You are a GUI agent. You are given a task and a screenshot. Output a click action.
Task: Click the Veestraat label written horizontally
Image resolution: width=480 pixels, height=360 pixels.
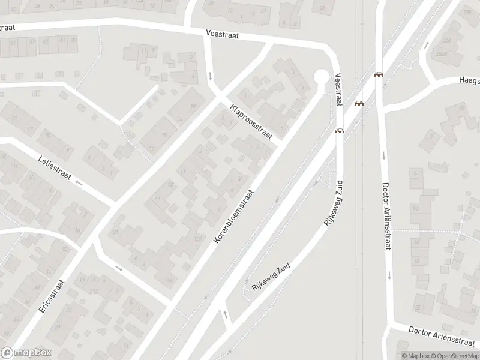point(222,35)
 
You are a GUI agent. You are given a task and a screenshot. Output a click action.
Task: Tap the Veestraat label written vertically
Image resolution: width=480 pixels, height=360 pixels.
point(338,90)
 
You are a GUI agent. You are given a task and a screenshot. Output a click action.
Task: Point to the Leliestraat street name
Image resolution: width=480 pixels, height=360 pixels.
point(55,169)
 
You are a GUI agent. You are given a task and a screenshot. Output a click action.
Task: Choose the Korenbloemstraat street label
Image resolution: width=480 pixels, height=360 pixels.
point(235,217)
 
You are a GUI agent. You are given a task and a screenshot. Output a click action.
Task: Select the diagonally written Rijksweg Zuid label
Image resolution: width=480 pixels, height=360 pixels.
point(271,277)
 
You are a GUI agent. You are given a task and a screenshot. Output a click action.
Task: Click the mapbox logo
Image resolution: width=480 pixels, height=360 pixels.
point(26,352)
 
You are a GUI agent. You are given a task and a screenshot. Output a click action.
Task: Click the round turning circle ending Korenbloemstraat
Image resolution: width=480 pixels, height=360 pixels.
point(322,76)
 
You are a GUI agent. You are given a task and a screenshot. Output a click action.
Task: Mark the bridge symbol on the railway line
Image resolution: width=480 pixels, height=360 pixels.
point(359,103)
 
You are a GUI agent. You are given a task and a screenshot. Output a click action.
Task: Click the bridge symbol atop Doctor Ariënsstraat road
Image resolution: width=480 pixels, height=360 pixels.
point(379,75)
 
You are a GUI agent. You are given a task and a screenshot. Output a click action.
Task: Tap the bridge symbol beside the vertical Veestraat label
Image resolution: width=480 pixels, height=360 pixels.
point(340,131)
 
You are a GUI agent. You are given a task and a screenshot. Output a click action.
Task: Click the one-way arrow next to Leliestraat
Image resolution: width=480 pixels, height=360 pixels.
point(79,180)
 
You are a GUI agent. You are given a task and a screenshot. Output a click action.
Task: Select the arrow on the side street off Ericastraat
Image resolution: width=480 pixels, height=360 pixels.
point(119,268)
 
